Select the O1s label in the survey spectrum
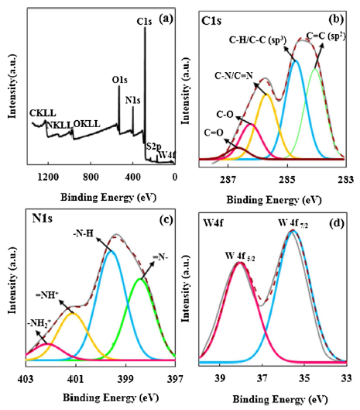[x=119, y=79]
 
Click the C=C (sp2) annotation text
[x=325, y=33]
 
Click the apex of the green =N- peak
[x=140, y=278]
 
